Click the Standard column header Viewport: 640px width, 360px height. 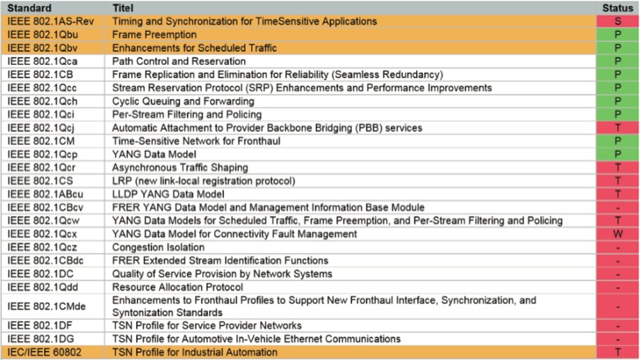pos(29,8)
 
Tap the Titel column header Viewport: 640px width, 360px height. pos(123,8)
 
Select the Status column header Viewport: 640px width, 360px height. pos(617,8)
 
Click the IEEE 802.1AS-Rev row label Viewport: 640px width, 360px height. pos(51,21)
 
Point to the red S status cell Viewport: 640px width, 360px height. pos(617,21)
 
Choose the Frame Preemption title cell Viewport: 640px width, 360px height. pos(155,35)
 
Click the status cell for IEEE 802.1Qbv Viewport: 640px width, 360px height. pos(617,47)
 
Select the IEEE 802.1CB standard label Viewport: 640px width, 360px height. pos(40,75)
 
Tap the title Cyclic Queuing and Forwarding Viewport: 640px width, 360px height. pos(183,101)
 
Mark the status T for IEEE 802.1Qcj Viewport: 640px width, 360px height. pos(617,127)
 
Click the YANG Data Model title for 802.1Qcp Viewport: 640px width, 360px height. pos(155,155)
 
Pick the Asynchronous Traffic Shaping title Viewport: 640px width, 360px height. pos(180,168)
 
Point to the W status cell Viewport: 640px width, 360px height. pos(617,234)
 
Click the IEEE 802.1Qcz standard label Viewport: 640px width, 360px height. pos(42,248)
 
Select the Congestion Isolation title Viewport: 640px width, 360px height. pos(158,248)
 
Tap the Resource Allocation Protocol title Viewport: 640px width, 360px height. pos(177,287)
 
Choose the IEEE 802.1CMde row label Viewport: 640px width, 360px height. pos(47,306)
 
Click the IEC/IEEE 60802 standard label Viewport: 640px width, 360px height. pos(44,352)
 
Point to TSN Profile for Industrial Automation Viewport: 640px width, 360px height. pos(195,352)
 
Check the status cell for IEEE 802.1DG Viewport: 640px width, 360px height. pos(617,339)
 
